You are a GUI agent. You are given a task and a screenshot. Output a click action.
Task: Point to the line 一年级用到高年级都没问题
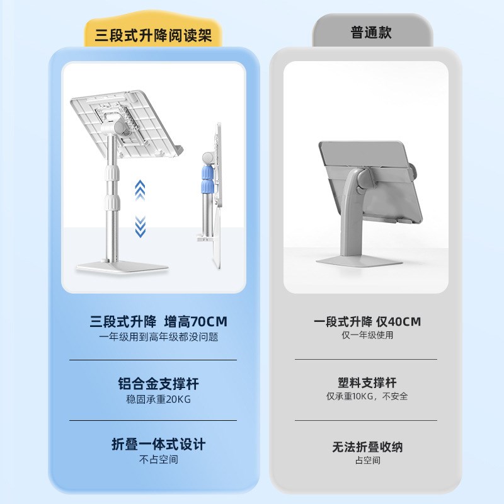[153, 337]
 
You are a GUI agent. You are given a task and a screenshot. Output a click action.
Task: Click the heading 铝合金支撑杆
[153, 384]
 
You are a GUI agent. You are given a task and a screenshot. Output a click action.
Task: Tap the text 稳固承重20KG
[153, 398]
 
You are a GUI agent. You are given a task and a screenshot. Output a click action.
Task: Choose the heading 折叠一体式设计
[153, 444]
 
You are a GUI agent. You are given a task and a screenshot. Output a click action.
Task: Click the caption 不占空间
[153, 459]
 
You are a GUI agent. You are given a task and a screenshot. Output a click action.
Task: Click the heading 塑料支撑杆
[367, 382]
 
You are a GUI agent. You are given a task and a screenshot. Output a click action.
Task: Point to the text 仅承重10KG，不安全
[367, 396]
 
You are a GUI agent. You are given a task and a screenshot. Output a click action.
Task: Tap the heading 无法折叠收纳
[367, 447]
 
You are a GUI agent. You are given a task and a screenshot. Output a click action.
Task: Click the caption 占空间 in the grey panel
[367, 461]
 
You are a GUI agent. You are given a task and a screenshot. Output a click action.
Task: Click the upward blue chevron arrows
[140, 188]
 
